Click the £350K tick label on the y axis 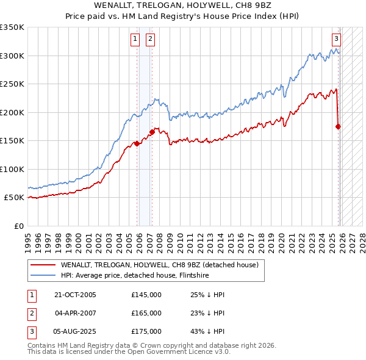click(x=12, y=27)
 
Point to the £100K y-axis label click(x=12, y=170)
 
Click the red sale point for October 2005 click(x=137, y=144)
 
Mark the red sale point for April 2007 click(x=151, y=132)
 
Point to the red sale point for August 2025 click(x=339, y=126)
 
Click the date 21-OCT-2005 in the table click(x=75, y=295)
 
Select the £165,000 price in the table click(x=146, y=313)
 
